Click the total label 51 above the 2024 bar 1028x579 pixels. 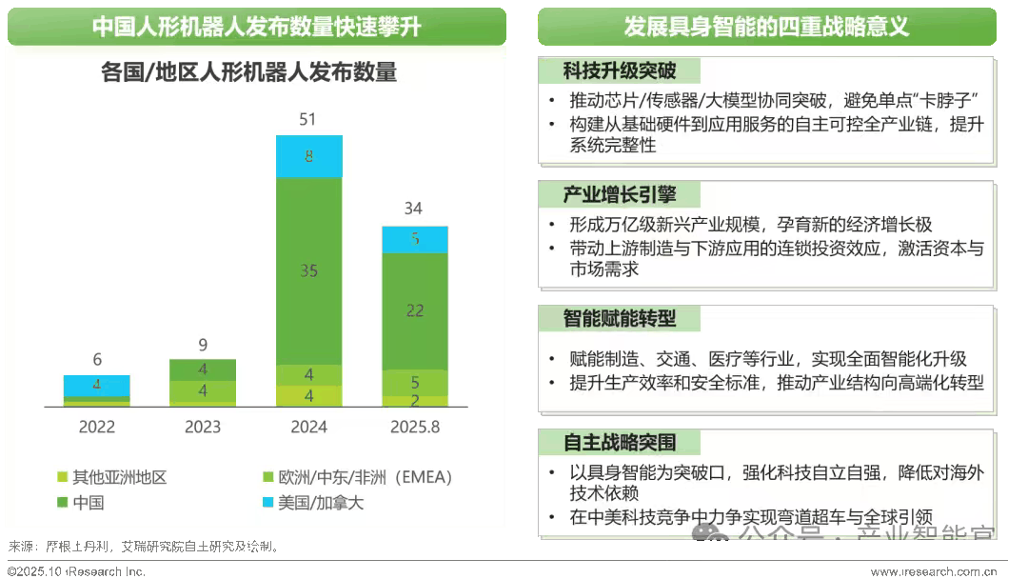[308, 120]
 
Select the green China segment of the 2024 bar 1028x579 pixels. [308, 271]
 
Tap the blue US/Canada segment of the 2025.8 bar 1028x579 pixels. [415, 239]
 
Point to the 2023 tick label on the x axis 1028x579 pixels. [203, 428]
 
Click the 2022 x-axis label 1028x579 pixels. [97, 428]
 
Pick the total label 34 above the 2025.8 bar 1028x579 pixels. [415, 209]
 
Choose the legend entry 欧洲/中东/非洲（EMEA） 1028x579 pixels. [357, 477]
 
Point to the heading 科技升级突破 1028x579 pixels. [619, 71]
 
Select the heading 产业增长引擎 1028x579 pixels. [619, 195]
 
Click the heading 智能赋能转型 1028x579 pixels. [619, 318]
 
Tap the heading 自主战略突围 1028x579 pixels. [619, 443]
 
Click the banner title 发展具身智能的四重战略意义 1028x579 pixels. [766, 27]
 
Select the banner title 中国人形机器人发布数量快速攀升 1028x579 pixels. [257, 27]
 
